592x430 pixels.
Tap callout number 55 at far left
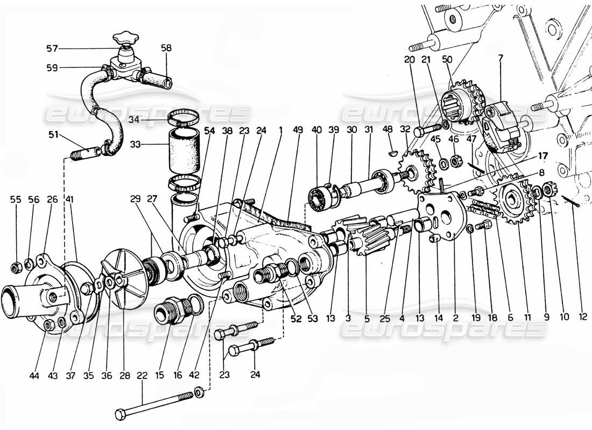pos(17,199)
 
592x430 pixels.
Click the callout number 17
pos(543,156)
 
